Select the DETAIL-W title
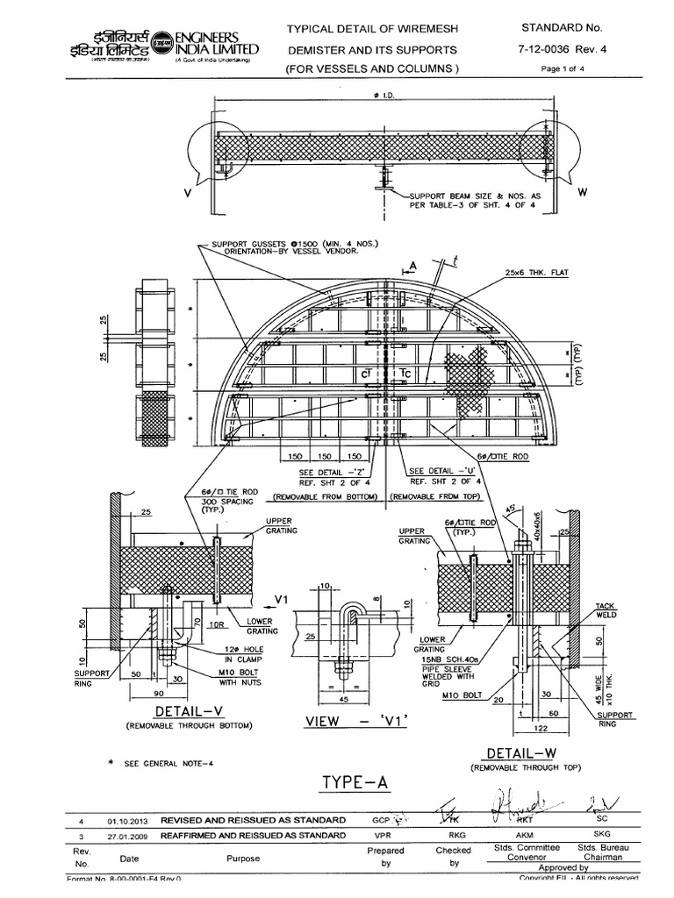(514, 754)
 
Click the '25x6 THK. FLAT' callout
(537, 274)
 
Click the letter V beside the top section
(187, 192)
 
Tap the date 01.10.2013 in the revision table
(128, 822)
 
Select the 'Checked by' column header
(454, 857)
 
